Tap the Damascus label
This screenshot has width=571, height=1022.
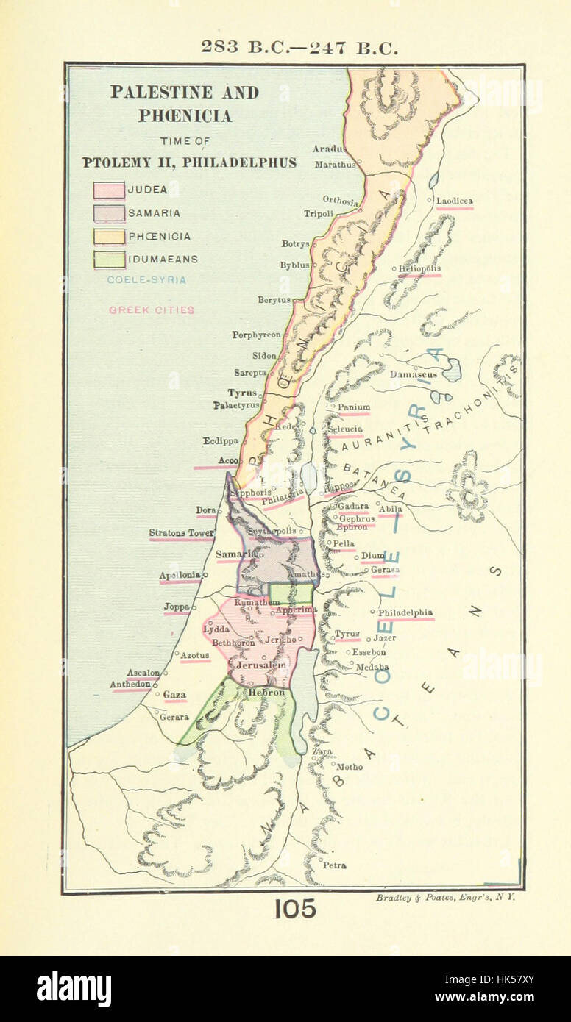tap(413, 374)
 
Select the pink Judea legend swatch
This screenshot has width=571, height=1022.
tap(108, 190)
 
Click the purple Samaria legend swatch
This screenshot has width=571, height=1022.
tap(108, 213)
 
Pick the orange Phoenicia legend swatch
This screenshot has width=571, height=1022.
tap(108, 237)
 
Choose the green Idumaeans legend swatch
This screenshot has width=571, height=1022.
tap(108, 260)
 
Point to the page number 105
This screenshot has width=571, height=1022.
tap(295, 909)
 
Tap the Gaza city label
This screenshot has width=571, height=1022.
tap(174, 695)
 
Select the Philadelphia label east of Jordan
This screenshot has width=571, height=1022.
tap(405, 612)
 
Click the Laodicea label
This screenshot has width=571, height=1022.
tap(454, 201)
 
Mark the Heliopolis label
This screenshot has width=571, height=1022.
tap(419, 269)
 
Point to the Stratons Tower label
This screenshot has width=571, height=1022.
tap(181, 533)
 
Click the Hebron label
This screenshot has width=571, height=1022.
tap(266, 693)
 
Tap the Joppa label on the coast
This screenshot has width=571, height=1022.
tap(177, 607)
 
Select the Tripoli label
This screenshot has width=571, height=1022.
tap(319, 214)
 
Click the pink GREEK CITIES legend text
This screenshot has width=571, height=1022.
tap(152, 310)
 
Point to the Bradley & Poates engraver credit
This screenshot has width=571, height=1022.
tap(446, 898)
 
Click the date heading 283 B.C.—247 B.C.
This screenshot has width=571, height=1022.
tap(299, 48)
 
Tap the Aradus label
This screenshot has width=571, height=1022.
tap(328, 149)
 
